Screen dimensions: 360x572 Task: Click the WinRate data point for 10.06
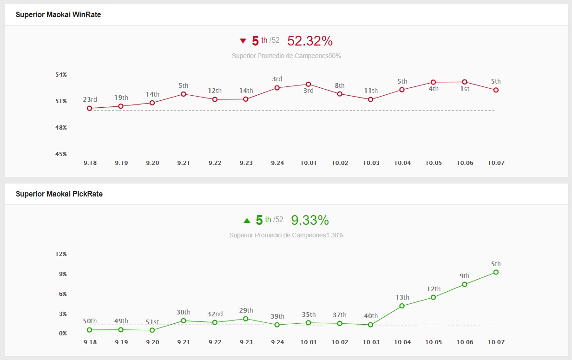tap(464, 82)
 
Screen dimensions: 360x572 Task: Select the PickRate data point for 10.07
tap(496, 272)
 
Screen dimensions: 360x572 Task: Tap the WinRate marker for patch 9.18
tap(90, 108)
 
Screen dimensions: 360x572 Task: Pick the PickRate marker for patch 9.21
tap(184, 321)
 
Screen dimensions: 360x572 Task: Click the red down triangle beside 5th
tap(243, 41)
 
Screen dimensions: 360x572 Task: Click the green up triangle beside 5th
tap(247, 220)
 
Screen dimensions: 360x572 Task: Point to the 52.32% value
tap(310, 41)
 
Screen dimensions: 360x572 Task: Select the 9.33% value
tap(310, 220)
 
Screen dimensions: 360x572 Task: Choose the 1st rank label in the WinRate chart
tap(464, 89)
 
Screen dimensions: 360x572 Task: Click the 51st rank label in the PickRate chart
tap(152, 322)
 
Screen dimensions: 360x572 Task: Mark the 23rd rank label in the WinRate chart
tap(90, 99)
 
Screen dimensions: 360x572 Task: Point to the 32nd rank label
tap(215, 314)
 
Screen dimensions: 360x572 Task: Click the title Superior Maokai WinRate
tap(58, 14)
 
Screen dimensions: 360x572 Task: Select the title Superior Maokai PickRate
tap(59, 194)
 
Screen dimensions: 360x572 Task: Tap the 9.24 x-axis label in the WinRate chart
tap(277, 163)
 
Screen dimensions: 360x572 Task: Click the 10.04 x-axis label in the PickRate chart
tap(402, 342)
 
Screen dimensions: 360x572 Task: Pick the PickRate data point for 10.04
tap(402, 306)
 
